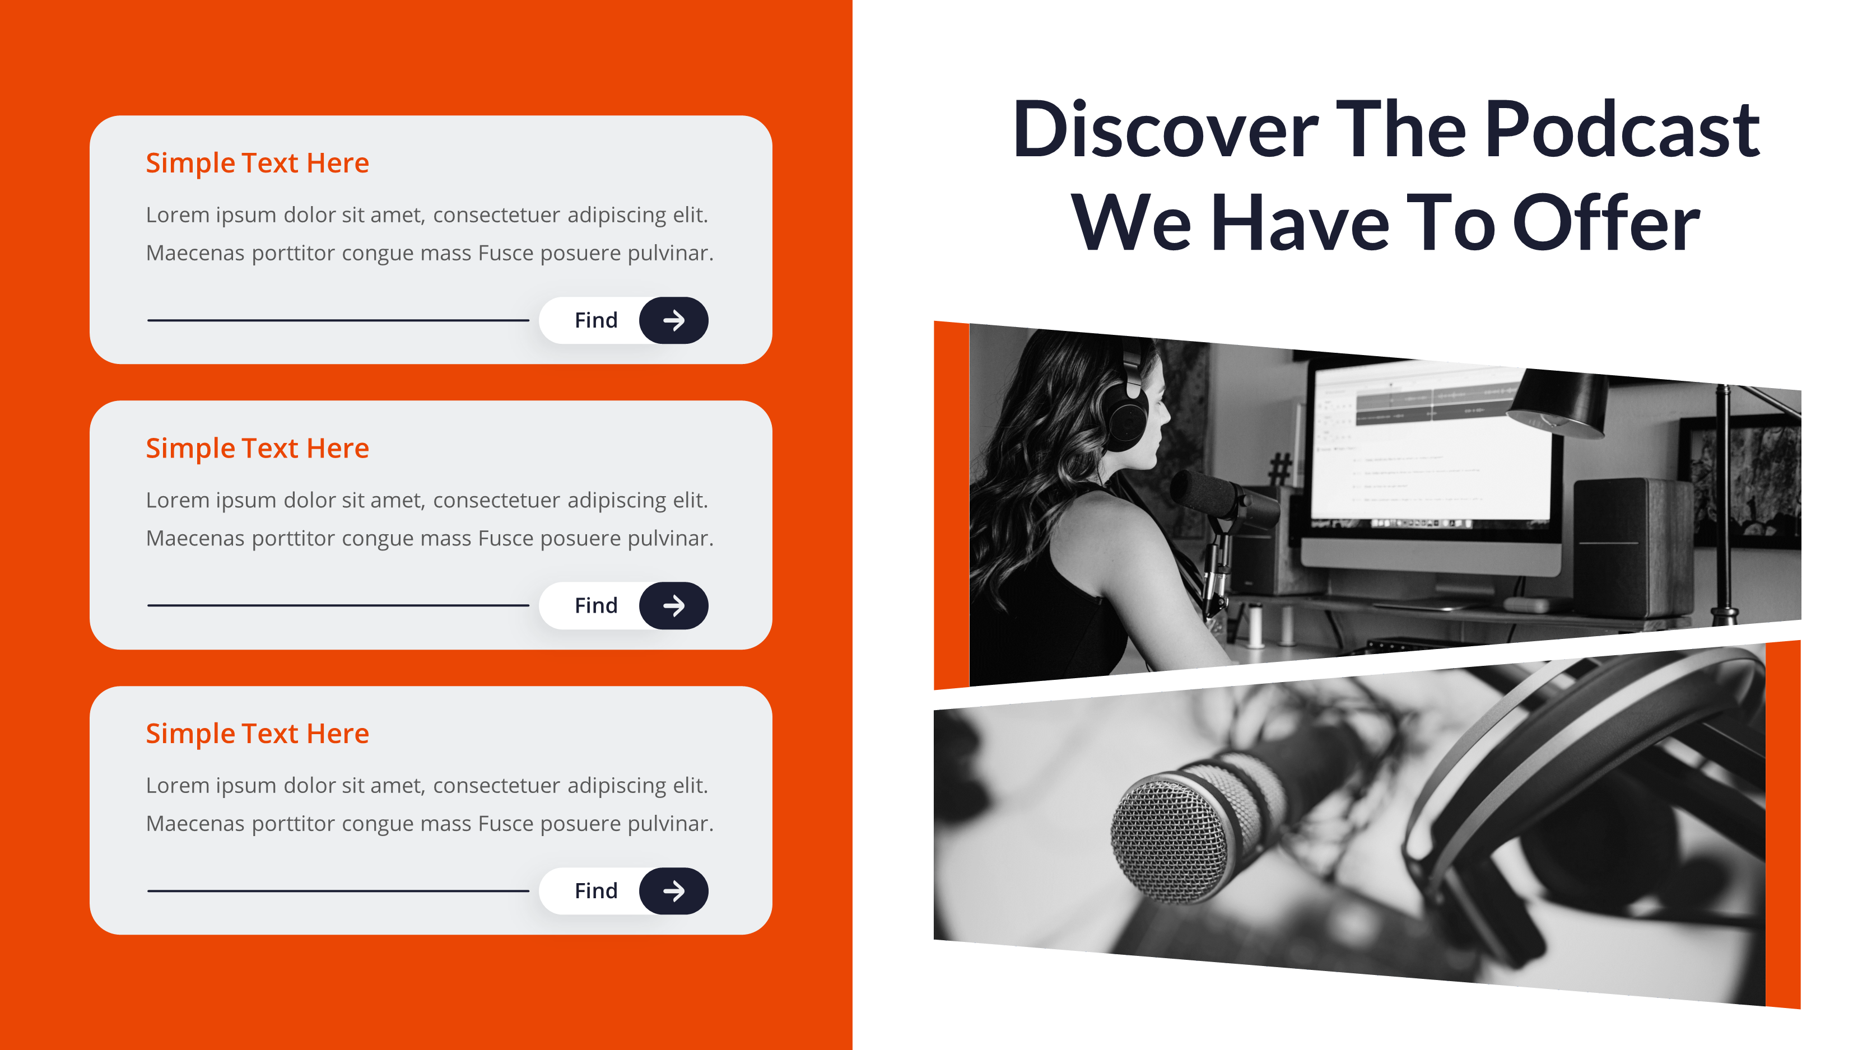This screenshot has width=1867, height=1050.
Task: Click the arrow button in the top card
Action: click(x=673, y=320)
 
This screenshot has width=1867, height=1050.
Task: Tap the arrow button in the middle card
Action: click(x=673, y=606)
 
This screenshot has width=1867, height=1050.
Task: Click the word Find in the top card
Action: click(x=596, y=320)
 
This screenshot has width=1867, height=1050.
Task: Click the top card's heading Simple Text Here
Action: click(x=257, y=164)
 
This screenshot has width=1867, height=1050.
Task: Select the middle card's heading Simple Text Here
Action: click(x=257, y=449)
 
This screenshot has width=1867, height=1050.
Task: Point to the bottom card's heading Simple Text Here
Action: click(x=257, y=734)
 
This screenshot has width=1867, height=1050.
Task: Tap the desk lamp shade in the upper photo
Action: click(x=1558, y=403)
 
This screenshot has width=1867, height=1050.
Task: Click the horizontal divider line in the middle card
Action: click(x=338, y=605)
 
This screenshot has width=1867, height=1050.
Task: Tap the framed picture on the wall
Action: click(x=1743, y=478)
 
